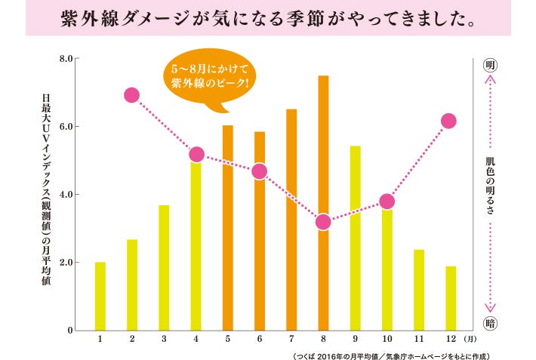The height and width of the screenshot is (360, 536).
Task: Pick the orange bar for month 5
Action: point(227,226)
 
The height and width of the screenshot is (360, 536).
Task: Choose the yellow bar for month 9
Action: point(355,238)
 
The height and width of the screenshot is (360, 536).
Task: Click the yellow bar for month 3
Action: point(164,267)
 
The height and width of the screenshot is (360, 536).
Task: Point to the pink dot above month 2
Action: point(131,95)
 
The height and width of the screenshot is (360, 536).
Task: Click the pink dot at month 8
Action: point(323,222)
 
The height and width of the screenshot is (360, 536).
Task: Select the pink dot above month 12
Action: point(448,121)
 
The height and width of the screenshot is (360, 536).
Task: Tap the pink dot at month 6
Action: point(259,171)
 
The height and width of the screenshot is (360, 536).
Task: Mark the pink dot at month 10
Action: point(387,202)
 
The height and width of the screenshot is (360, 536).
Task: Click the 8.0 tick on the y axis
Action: point(65,58)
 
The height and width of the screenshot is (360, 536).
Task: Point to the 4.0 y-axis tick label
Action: point(65,195)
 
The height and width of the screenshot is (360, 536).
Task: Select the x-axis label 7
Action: point(291,340)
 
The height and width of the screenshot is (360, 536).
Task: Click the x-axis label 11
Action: point(418,340)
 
